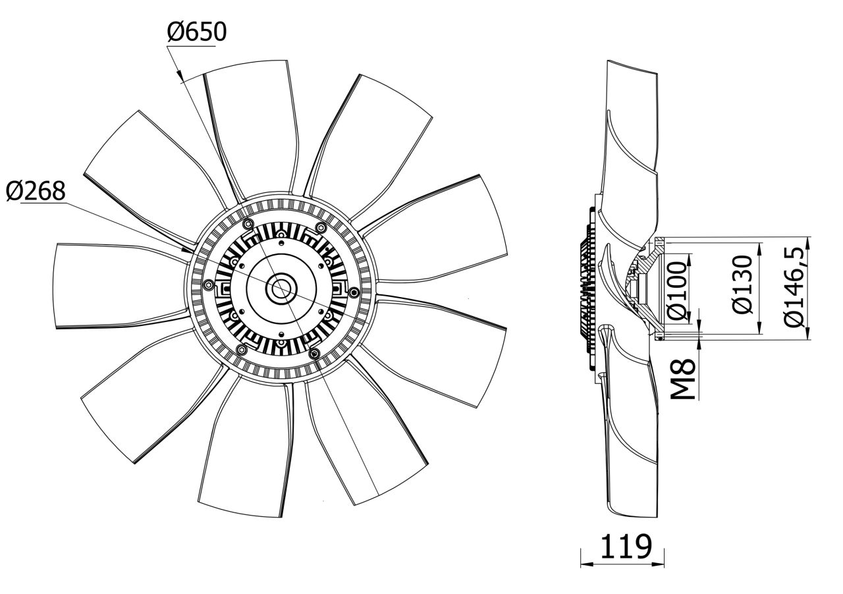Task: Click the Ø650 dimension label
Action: point(197,32)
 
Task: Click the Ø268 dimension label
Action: point(36,191)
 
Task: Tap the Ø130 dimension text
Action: point(742,284)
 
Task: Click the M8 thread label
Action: point(683,379)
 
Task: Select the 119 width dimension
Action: point(626,546)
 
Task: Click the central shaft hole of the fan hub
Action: point(280,290)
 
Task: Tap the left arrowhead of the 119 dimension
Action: point(586,575)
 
